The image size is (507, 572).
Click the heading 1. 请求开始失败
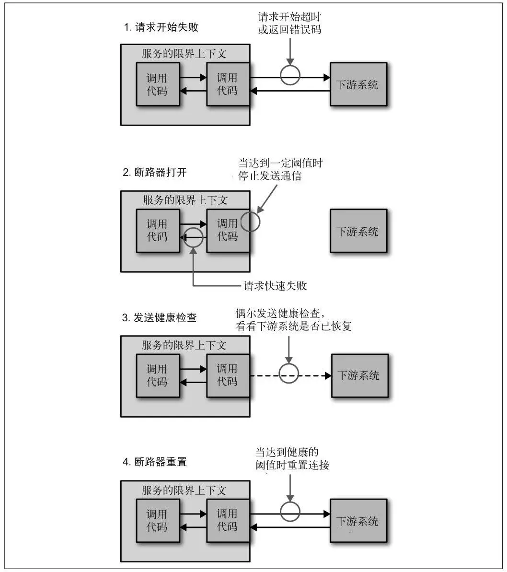161,27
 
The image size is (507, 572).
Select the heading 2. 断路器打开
155,173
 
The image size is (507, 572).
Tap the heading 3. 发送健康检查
160,317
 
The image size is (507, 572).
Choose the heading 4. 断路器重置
155,462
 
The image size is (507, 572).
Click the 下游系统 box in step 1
358,84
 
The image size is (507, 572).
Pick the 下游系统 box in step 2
358,231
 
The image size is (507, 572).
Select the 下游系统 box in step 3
359,375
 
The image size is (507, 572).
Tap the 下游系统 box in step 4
358,521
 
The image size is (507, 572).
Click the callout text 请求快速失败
275,286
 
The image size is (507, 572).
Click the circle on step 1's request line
290,75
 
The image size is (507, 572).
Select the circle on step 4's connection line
290,511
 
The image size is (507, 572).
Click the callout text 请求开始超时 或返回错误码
289,23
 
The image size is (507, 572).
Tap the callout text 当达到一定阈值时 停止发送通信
280,169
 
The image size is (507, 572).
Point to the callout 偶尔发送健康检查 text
294,320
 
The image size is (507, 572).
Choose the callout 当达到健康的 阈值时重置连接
292,458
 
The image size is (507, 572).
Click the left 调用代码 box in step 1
157,84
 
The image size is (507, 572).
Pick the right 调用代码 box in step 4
227,521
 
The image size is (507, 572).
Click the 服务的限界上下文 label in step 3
184,345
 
